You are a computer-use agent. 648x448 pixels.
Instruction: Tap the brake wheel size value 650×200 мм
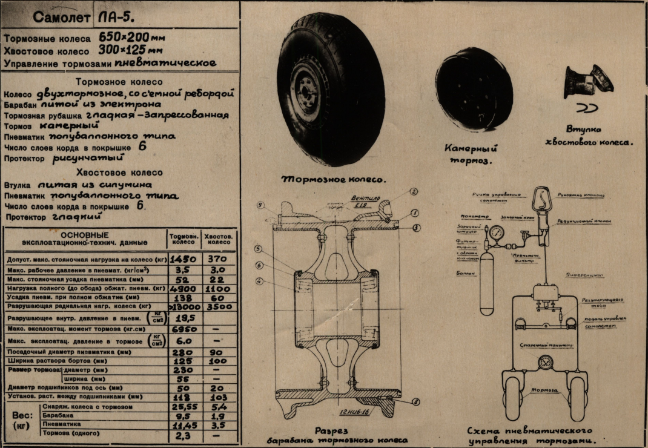[x=131, y=38]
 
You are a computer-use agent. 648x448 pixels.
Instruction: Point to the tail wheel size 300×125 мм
[x=131, y=50]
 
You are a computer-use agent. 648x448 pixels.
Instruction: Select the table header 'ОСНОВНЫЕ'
[x=85, y=234]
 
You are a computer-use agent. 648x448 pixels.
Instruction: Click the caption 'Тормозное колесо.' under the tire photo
[x=334, y=180]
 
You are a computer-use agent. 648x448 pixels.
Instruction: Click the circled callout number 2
[x=414, y=192]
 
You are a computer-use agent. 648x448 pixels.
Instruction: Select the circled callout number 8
[x=414, y=401]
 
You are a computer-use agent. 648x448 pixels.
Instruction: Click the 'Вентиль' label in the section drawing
[x=363, y=198]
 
